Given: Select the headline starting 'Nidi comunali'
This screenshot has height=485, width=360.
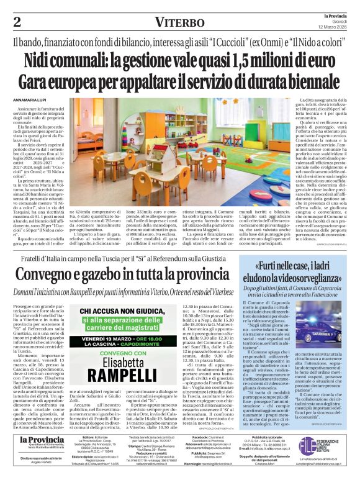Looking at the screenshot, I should tap(180, 60).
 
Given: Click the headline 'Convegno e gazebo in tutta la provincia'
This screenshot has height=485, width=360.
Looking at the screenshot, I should tap(122, 274).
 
